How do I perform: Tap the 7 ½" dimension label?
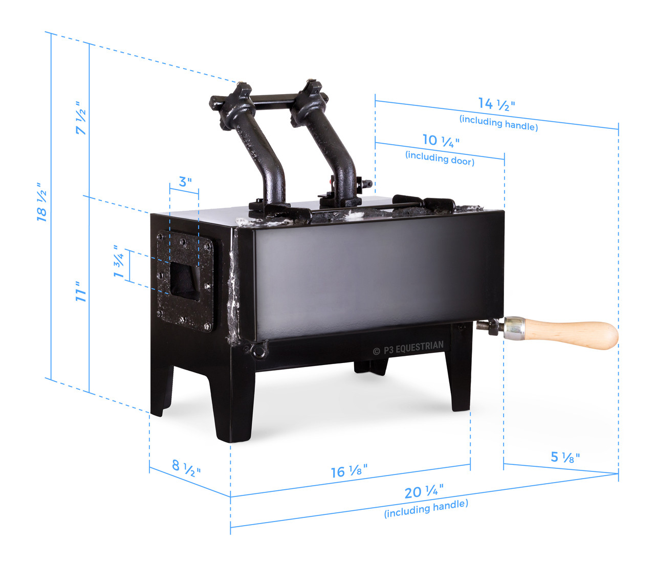(x=81, y=118)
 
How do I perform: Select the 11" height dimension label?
(x=81, y=291)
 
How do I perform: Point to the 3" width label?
(x=185, y=182)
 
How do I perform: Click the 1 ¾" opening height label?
(x=119, y=262)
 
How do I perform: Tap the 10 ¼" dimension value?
(x=441, y=141)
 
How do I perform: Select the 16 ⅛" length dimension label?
(x=349, y=471)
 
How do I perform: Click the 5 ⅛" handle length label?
(x=565, y=457)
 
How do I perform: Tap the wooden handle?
(x=573, y=334)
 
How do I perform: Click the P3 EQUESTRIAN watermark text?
(x=409, y=348)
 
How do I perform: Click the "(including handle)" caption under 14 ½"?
(x=498, y=123)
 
